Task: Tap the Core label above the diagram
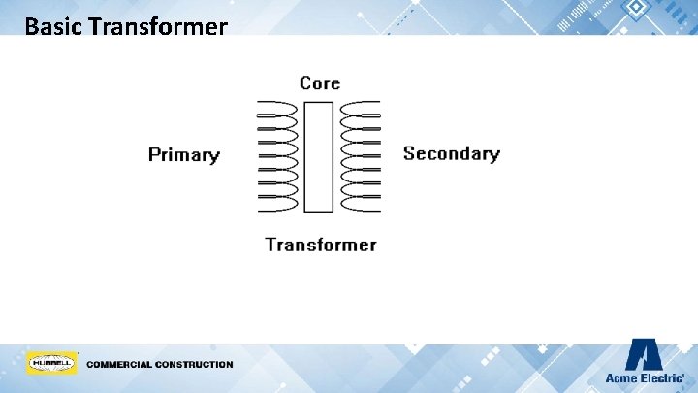pos(320,83)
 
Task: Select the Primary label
pos(184,155)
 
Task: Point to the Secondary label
pos(451,153)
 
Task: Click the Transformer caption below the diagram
pos(321,245)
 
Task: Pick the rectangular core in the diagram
pos(318,156)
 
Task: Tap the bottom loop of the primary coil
pos(277,204)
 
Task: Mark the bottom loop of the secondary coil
pos(359,204)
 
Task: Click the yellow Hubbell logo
pos(51,364)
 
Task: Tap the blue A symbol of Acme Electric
pos(644,354)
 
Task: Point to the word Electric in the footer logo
pos(661,377)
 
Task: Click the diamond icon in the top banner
pos(636,10)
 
